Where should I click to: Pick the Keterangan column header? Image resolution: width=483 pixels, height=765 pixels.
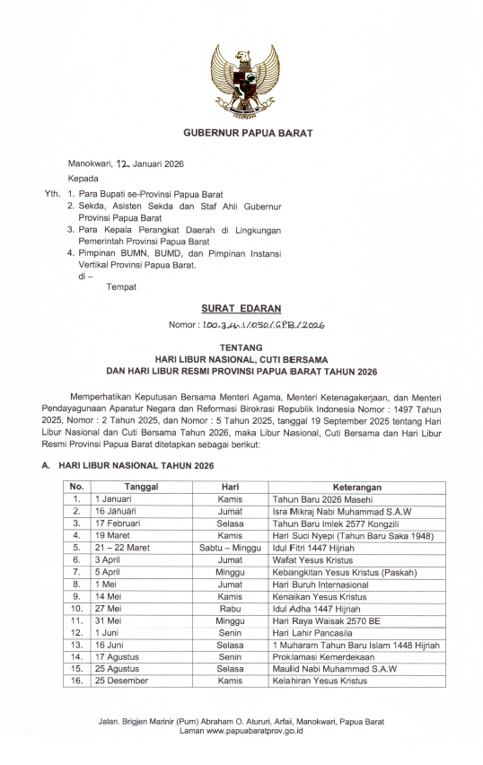click(356, 486)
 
